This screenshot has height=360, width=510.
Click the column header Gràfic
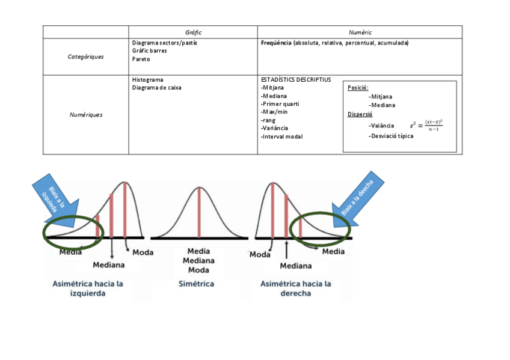(x=193, y=32)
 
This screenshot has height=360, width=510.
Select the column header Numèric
(x=360, y=32)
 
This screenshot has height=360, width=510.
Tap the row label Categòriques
(x=85, y=56)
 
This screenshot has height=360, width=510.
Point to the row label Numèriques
(x=85, y=114)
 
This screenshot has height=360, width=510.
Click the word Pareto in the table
(x=141, y=59)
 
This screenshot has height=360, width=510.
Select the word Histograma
(x=147, y=79)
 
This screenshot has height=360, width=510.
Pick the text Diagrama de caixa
(x=156, y=88)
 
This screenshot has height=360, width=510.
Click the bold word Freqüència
(x=277, y=43)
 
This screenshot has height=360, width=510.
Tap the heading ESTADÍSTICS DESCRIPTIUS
(x=296, y=79)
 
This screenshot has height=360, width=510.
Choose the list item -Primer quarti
(x=280, y=104)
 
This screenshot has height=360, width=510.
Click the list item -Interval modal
(x=282, y=136)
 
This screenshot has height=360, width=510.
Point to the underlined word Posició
(x=358, y=88)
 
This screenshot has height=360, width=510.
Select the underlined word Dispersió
(x=360, y=114)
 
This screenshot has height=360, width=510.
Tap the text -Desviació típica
(x=391, y=136)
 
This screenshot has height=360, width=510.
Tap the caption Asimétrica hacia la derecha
(x=295, y=288)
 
